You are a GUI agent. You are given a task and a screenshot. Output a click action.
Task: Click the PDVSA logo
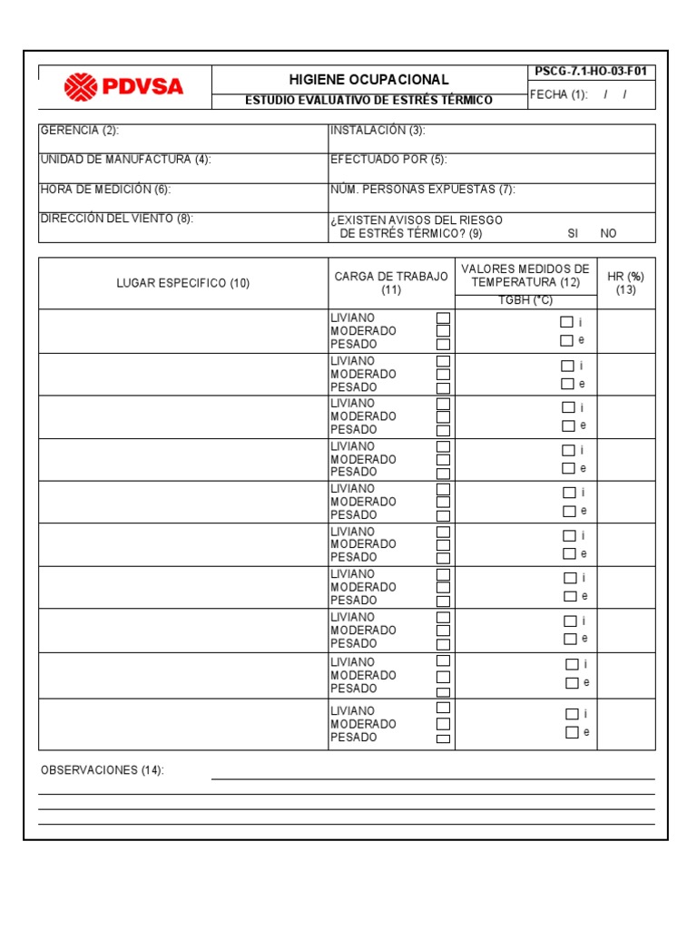(123, 87)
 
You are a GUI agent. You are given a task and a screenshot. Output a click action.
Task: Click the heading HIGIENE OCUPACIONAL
(368, 80)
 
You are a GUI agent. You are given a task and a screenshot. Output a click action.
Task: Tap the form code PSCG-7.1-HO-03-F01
(591, 73)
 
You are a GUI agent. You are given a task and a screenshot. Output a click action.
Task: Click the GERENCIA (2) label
(79, 131)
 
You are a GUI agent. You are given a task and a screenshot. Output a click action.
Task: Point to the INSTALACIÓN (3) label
(378, 131)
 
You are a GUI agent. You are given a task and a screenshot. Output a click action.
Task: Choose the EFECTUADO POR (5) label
(388, 160)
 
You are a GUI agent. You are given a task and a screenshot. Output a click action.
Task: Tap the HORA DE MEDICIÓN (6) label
(105, 190)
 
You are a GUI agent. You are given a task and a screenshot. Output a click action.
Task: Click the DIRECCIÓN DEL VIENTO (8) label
(116, 219)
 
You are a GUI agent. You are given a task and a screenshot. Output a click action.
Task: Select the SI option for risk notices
(573, 233)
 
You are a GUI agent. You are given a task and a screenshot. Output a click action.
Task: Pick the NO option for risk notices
(608, 233)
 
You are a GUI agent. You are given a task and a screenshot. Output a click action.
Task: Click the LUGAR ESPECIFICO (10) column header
(182, 283)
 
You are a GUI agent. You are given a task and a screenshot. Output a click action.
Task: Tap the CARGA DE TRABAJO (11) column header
(391, 283)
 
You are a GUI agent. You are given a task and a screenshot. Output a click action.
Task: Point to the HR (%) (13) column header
(625, 283)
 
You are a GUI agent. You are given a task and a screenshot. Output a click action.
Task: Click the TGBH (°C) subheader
(525, 300)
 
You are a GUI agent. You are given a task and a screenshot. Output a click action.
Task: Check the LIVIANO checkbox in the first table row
(443, 318)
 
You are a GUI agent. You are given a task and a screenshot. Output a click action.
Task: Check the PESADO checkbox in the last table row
(443, 738)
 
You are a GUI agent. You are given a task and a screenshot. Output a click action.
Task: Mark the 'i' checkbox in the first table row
(566, 322)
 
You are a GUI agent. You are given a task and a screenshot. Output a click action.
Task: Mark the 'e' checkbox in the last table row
(572, 732)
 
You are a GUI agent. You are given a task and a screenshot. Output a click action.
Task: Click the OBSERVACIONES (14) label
(102, 770)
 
